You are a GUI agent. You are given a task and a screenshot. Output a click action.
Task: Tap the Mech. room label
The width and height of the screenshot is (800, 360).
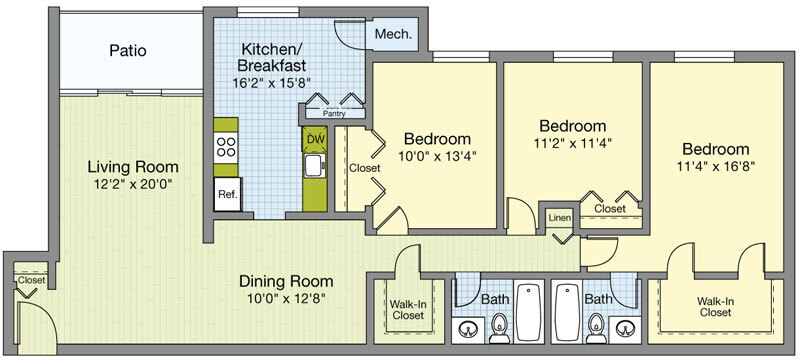coord(393,35)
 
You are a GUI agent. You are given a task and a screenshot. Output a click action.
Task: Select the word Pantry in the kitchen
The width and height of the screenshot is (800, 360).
coord(333,114)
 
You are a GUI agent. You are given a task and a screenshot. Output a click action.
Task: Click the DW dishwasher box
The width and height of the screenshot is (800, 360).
coord(315,138)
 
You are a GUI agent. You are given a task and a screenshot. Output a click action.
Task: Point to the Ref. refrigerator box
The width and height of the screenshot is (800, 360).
coord(227,194)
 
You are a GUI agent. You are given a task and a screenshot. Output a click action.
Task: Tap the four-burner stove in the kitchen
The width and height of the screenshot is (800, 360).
coord(226,149)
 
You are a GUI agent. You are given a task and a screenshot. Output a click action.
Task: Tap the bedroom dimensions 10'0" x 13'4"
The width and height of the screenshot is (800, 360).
coord(437,155)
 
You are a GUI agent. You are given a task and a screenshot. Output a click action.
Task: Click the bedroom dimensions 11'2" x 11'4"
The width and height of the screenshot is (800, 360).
coord(573,142)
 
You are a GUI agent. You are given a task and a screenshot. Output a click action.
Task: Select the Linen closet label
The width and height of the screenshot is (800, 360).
coord(559,217)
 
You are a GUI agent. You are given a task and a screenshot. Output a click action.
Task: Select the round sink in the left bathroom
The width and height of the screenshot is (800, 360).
coord(470,327)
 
